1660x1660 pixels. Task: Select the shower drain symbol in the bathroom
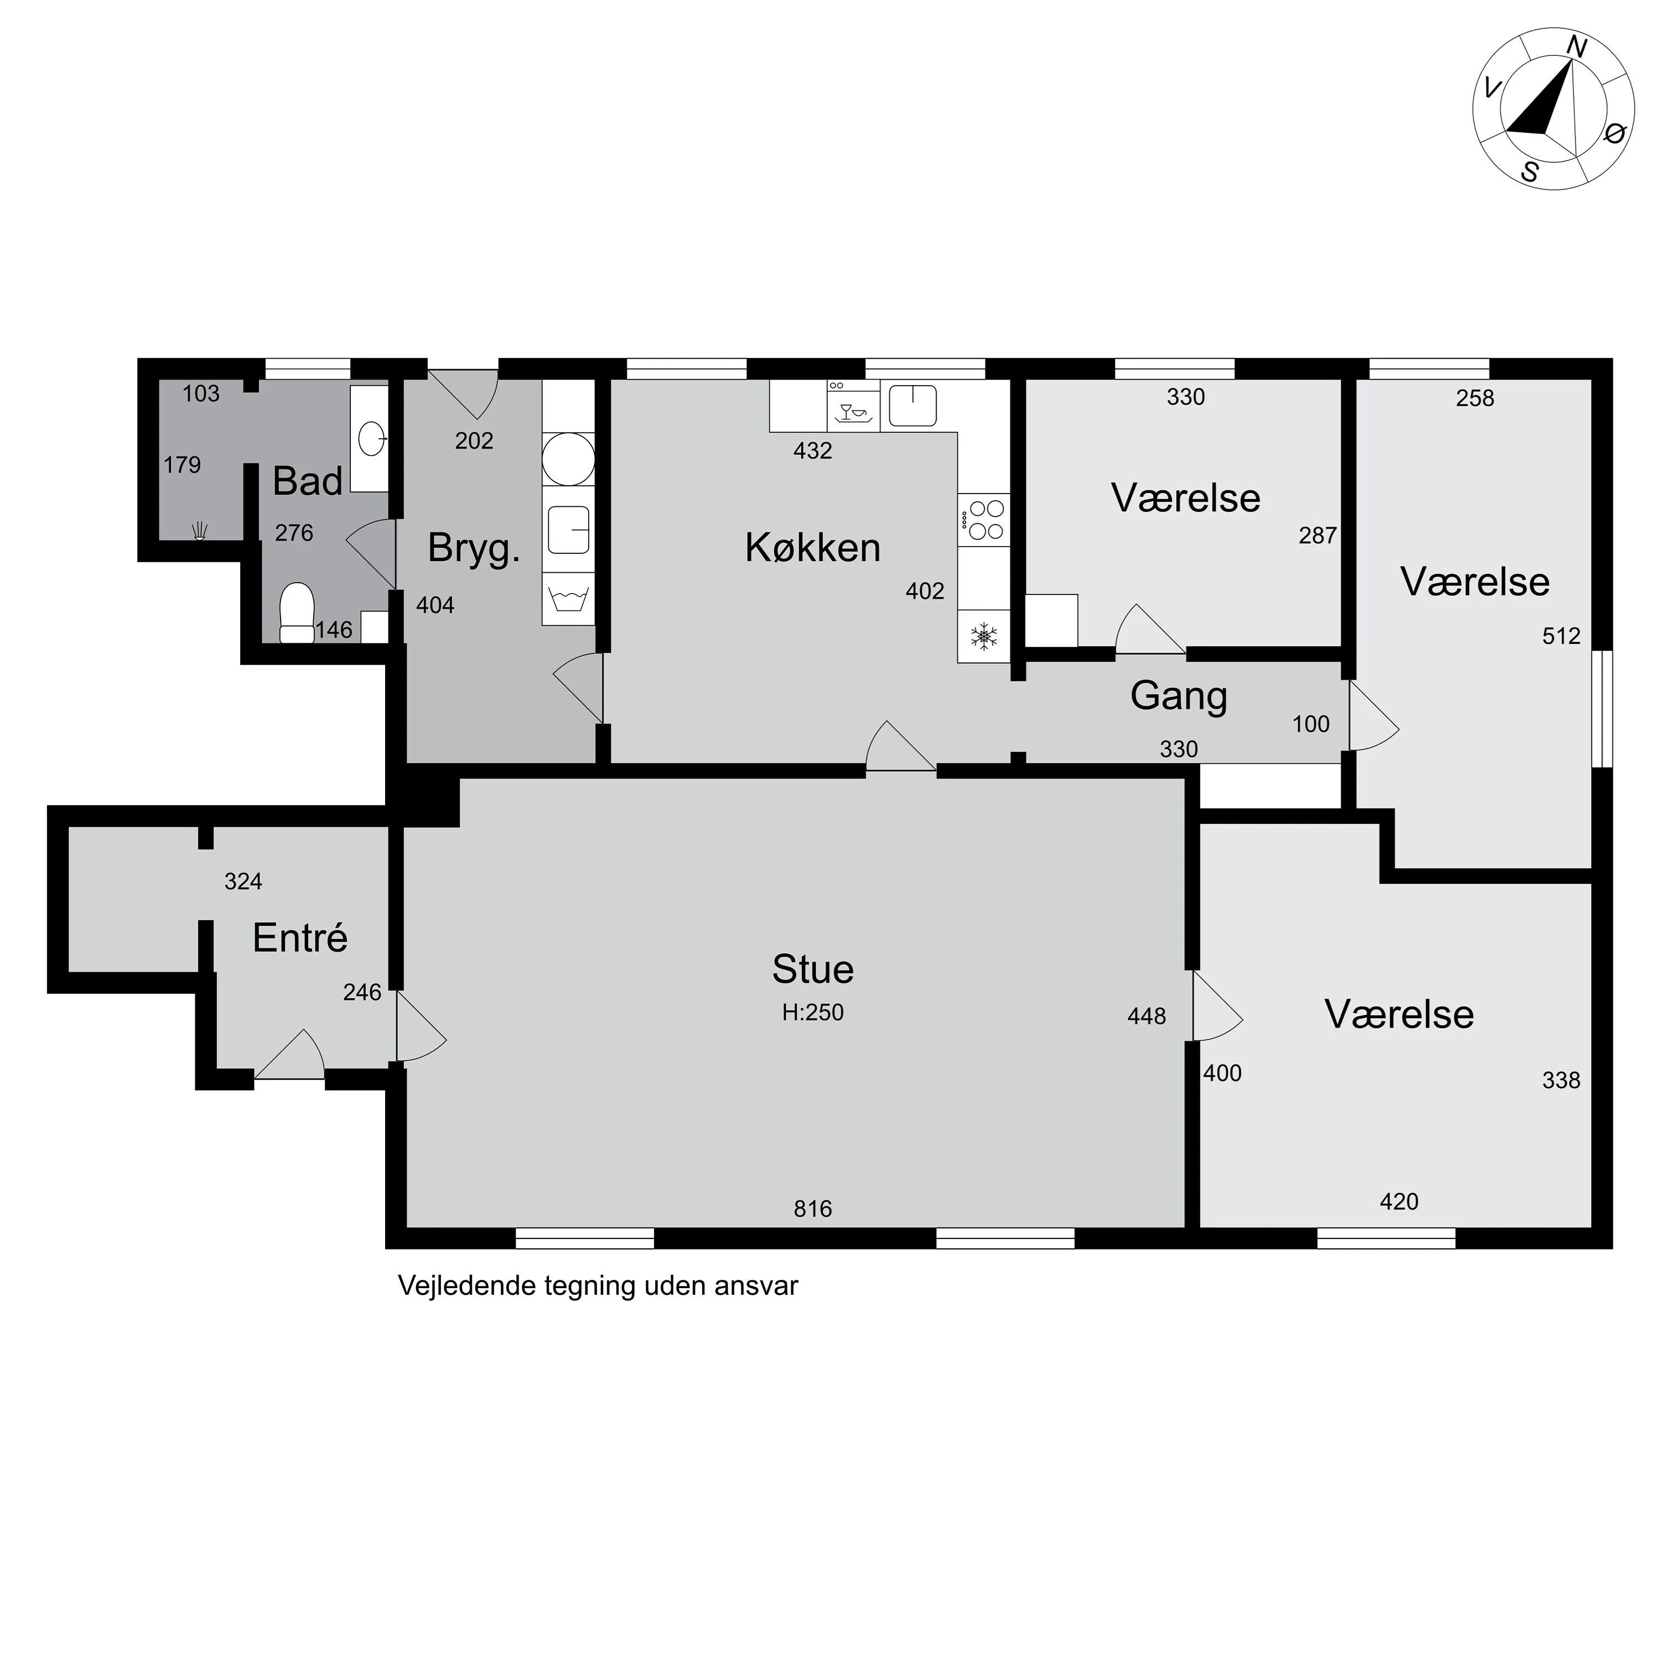click(x=200, y=531)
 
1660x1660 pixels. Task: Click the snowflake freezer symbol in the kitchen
click(x=984, y=637)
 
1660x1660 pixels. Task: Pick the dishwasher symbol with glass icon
click(x=854, y=406)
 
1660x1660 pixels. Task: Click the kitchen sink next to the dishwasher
click(x=912, y=406)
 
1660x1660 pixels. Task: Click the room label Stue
click(x=813, y=969)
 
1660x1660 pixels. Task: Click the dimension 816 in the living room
click(x=813, y=1209)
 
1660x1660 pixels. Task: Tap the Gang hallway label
click(x=1178, y=696)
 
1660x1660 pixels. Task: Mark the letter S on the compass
click(x=1529, y=172)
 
